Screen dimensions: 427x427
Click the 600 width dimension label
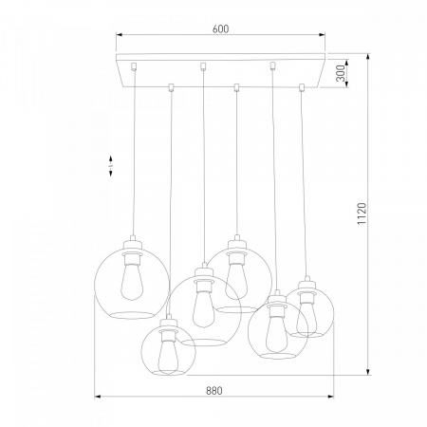click(220, 28)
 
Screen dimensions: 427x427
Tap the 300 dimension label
click(340, 73)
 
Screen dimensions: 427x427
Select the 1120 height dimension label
click(362, 213)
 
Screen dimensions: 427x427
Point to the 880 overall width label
click(214, 391)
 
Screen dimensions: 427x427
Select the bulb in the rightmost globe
click(306, 318)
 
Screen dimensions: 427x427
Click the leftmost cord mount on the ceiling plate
click(134, 66)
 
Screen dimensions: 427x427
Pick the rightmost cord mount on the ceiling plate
click(302, 87)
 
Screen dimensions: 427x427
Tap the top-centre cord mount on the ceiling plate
click(203, 66)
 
